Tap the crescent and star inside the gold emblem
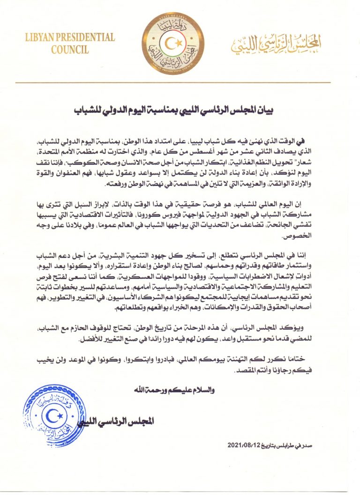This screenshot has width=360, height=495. (173, 42)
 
